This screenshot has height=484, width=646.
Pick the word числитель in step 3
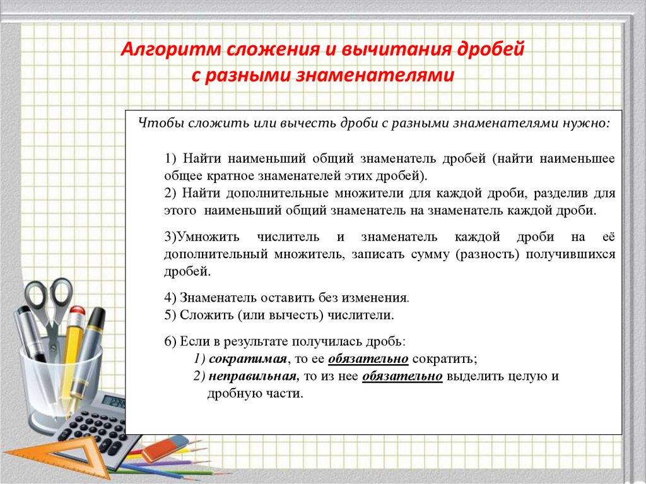pos(288,237)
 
